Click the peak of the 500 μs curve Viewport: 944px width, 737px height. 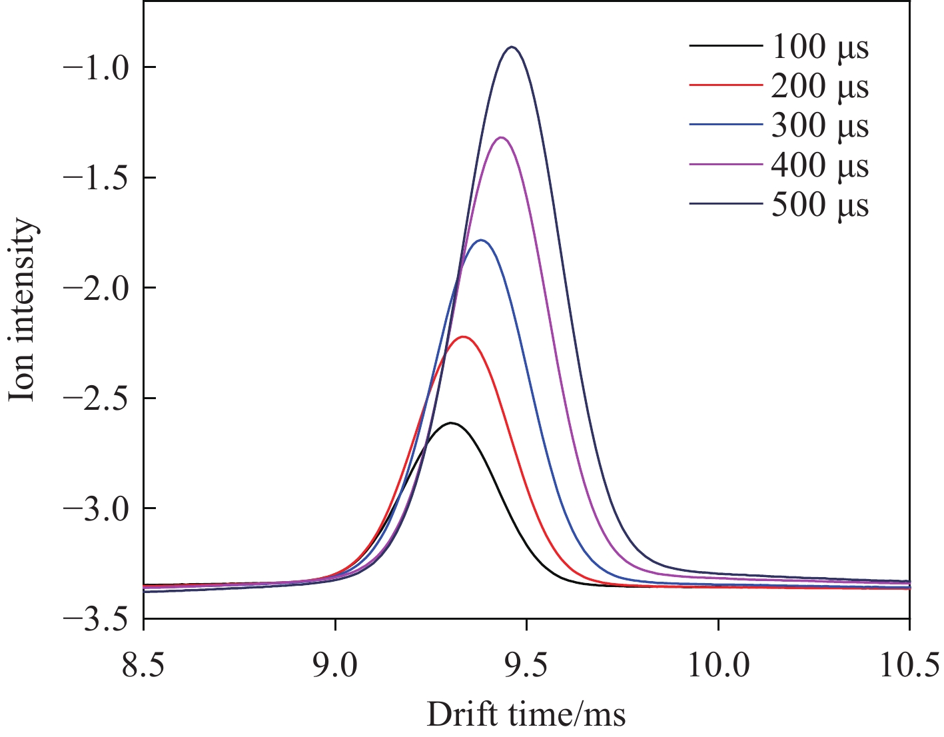511,47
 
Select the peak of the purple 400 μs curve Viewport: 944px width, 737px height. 501,137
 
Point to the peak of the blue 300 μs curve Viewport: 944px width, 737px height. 481,240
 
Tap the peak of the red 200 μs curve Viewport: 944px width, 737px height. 463,337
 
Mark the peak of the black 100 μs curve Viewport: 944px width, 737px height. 452,422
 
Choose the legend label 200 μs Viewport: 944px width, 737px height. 820,87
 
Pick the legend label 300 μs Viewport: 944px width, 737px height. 820,126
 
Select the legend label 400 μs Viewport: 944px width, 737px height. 820,165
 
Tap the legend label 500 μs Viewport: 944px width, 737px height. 820,205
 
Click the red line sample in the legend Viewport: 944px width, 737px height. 725,86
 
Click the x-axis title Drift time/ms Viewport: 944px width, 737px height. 526,714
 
